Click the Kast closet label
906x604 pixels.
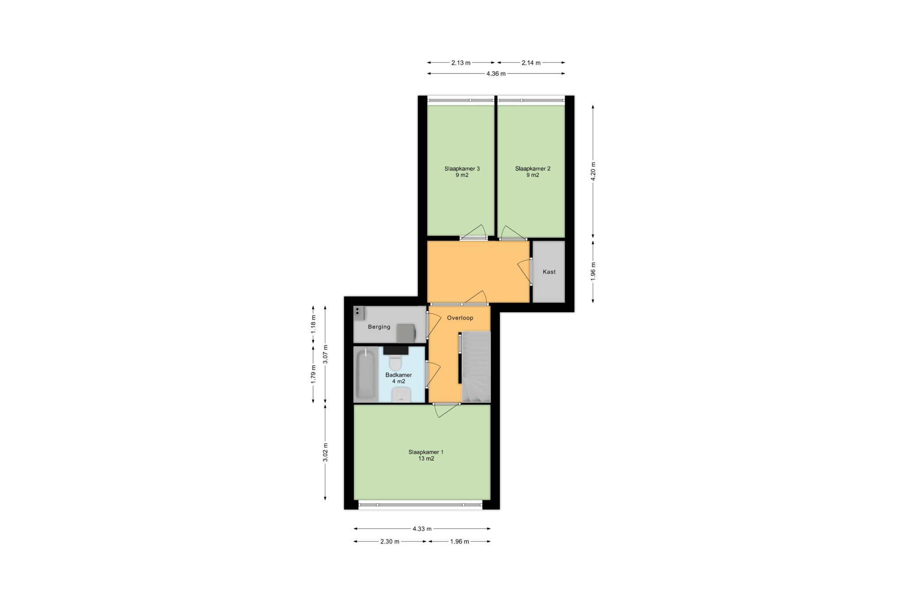[549, 272]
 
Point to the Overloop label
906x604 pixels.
[460, 318]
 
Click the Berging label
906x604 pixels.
[379, 327]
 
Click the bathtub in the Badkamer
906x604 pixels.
[365, 374]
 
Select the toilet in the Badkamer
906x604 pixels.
[395, 361]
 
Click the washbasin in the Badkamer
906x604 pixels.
[402, 395]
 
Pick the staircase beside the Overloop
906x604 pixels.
[476, 367]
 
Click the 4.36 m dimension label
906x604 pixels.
[496, 74]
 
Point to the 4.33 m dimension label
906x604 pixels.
[422, 529]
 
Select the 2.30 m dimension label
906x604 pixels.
[390, 542]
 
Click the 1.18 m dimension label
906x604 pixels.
[313, 324]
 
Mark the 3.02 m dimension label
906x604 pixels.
[325, 452]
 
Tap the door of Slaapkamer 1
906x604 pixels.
[447, 410]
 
